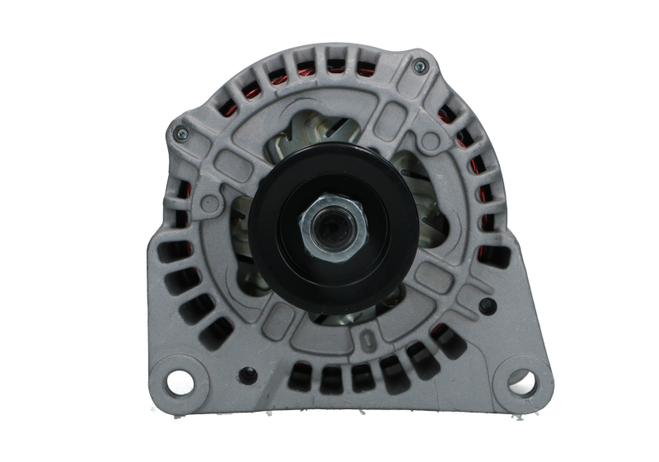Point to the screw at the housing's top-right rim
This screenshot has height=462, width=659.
click(x=420, y=66)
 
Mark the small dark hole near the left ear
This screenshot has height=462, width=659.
click(x=244, y=374)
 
